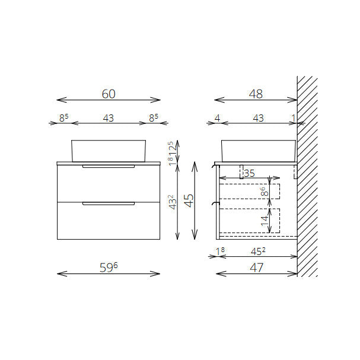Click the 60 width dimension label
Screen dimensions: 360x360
109,94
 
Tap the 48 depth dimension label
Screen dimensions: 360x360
256,94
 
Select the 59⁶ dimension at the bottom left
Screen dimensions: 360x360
109,267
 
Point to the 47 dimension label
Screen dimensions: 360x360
256,267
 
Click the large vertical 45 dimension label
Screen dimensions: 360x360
189,200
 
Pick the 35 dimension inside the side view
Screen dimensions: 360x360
249,173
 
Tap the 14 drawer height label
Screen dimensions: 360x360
265,221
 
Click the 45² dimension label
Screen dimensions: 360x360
258,251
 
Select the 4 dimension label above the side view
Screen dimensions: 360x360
217,118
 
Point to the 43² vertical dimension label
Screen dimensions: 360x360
173,202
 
